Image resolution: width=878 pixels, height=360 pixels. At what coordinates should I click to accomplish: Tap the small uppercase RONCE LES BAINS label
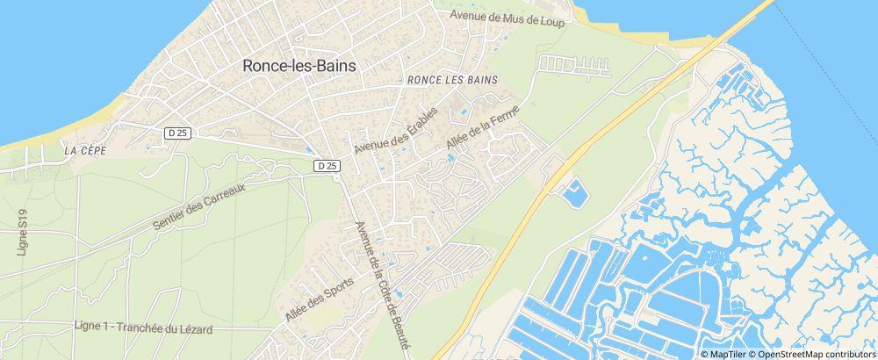point(452,80)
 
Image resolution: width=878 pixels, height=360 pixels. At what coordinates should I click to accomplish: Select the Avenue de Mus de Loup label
point(507,17)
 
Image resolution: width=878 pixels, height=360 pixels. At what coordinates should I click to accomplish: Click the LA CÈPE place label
point(85,151)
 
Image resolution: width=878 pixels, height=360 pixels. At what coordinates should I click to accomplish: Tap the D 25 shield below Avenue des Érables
point(327,165)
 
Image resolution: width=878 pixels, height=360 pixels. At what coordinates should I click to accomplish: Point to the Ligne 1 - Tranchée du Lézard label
point(144,328)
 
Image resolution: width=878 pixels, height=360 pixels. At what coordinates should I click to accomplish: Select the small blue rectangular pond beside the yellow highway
point(575,193)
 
